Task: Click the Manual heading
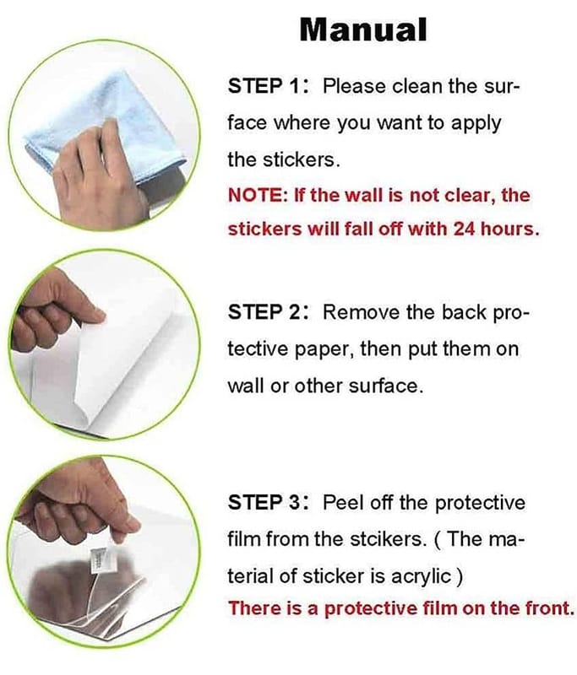pos(363,30)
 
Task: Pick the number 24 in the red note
pos(464,229)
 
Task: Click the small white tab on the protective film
pos(98,559)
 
